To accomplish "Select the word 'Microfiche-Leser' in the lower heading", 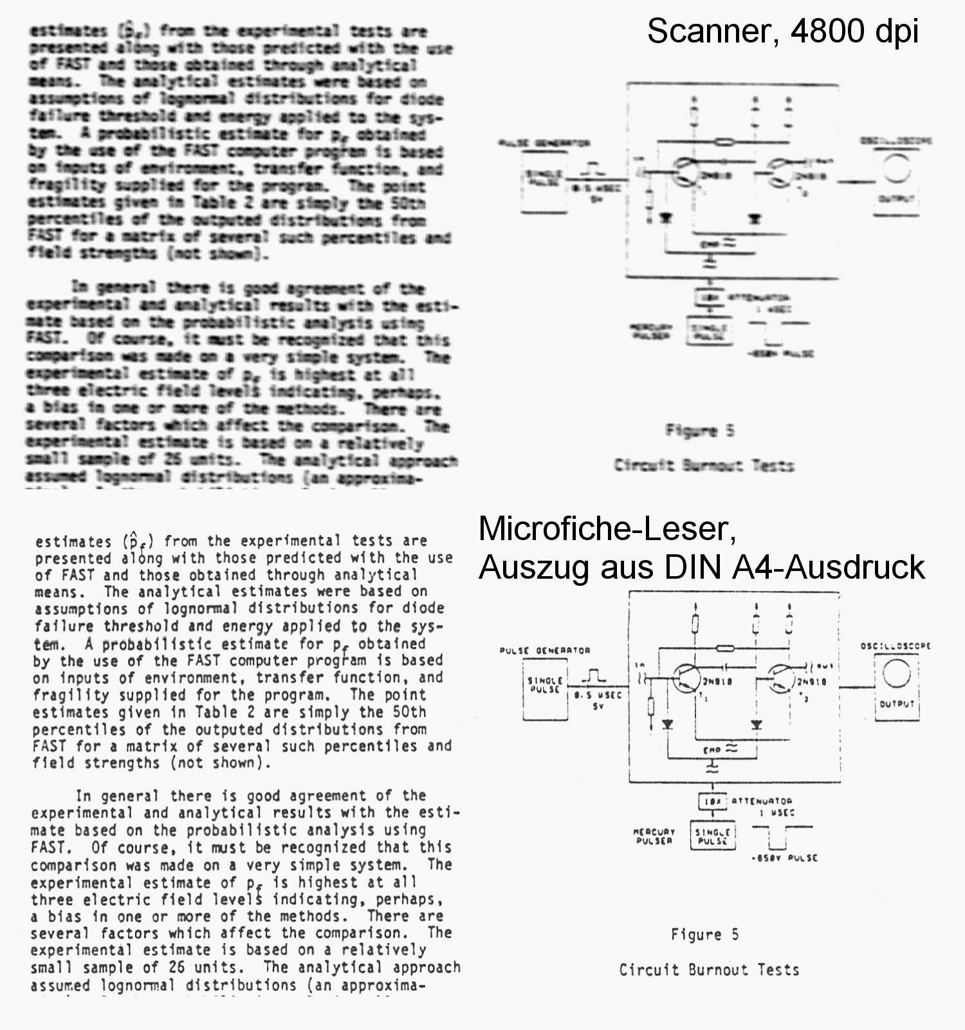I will (x=607, y=529).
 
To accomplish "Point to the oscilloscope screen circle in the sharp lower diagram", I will (x=896, y=674).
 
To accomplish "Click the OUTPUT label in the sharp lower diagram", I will (x=897, y=704).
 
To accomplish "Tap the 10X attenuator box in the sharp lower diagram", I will (x=712, y=801).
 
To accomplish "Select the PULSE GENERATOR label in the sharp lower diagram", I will (x=544, y=650).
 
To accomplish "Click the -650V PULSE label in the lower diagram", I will (x=784, y=857).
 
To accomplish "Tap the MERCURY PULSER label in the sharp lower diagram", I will (x=654, y=836).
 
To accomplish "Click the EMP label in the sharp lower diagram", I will (x=712, y=750).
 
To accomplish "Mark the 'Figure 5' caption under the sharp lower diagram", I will (x=704, y=935).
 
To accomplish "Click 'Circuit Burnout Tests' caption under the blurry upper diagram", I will (x=704, y=465).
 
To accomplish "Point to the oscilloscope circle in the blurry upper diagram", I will (x=896, y=169).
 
